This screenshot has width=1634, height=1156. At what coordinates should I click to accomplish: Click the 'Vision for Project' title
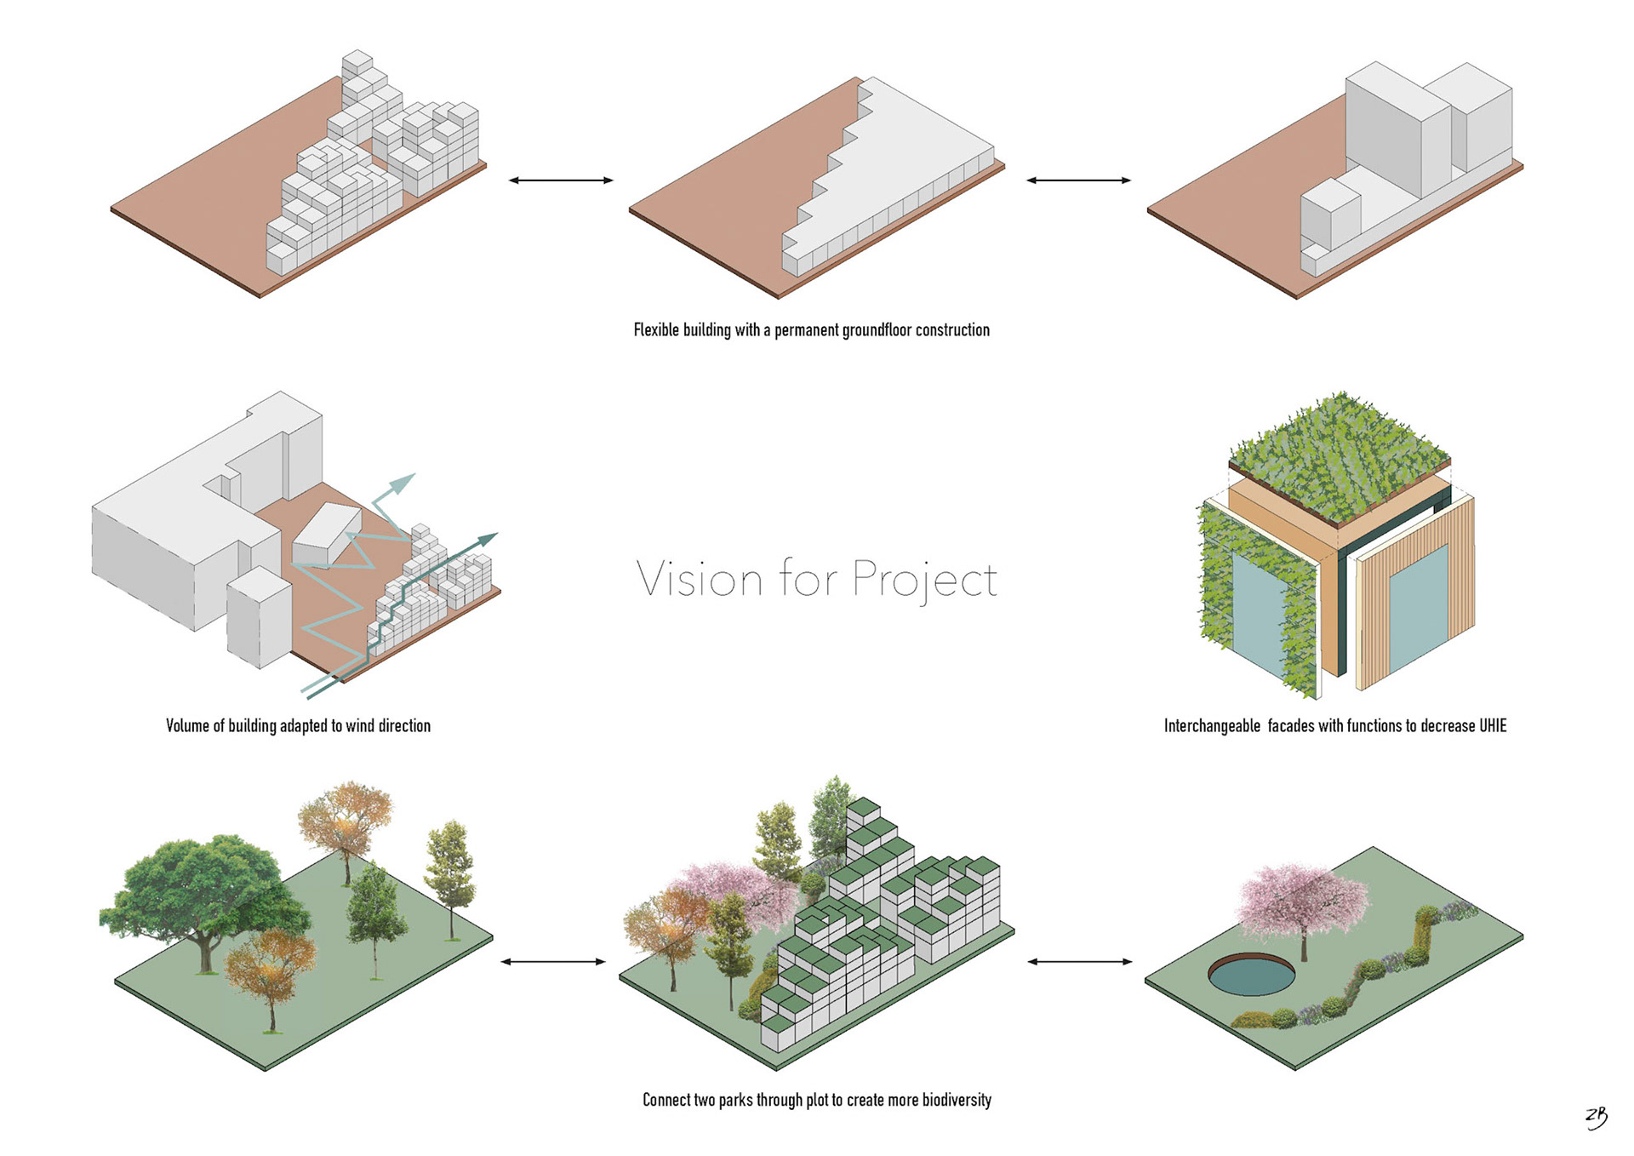pyautogui.click(x=816, y=580)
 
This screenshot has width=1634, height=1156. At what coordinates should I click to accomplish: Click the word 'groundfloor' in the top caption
pyautogui.click(x=877, y=330)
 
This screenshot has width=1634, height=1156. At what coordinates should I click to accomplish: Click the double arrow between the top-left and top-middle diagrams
pyautogui.click(x=561, y=180)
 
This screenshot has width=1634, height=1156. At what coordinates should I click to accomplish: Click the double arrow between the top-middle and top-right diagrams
pyautogui.click(x=1078, y=180)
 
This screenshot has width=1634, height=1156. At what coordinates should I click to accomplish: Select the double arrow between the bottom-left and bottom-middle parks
pyautogui.click(x=553, y=962)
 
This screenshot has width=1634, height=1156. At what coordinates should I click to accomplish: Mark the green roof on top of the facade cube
pyautogui.click(x=1338, y=455)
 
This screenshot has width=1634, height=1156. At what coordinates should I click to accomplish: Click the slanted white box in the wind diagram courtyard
pyautogui.click(x=327, y=533)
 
